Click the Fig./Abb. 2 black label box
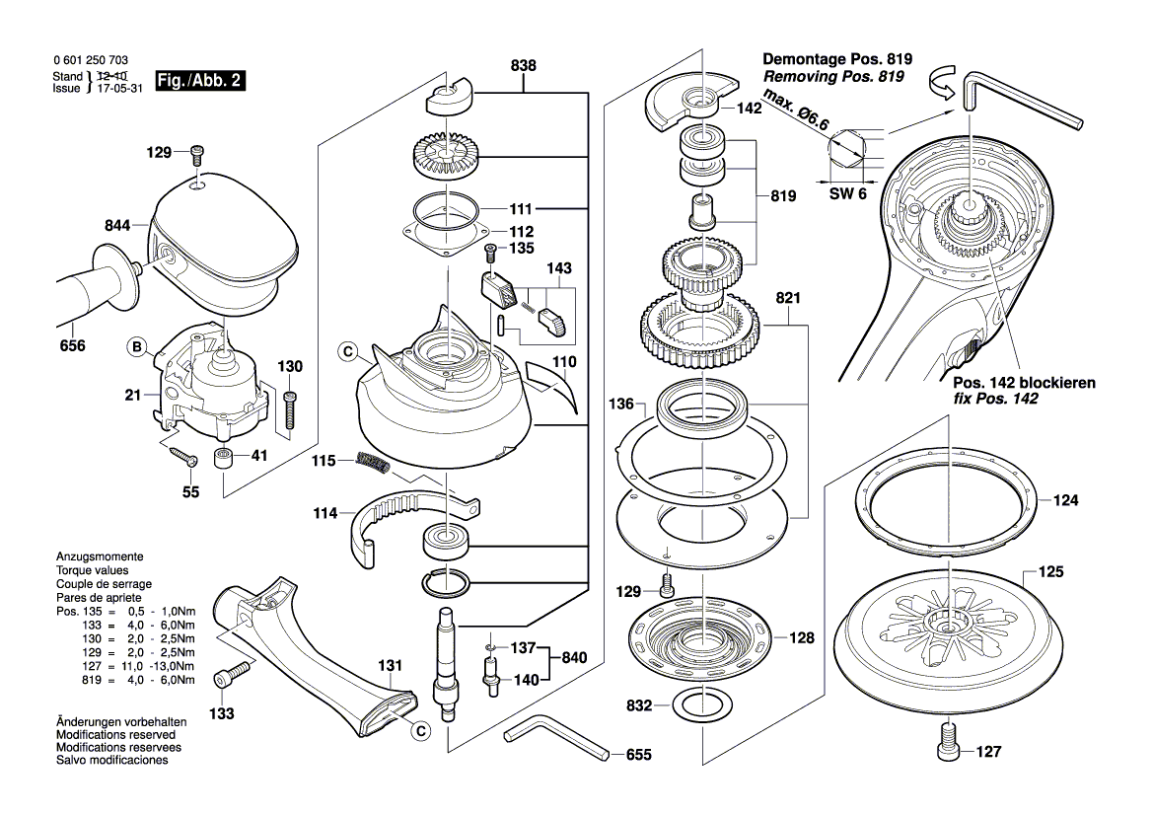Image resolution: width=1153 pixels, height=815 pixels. [x=199, y=81]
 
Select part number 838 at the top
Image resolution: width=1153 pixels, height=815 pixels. [x=524, y=66]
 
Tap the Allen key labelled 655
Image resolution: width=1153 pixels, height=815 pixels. [x=552, y=740]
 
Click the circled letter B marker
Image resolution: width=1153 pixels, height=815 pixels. [x=137, y=346]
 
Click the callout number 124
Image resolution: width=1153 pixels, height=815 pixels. [x=1065, y=501]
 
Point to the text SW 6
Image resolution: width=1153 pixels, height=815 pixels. [x=846, y=193]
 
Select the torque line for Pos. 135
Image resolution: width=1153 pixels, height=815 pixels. [x=125, y=612]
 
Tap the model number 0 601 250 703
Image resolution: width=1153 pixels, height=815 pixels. [x=91, y=61]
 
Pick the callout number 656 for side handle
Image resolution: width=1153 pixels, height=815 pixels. [x=72, y=346]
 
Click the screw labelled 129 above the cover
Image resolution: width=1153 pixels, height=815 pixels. [x=198, y=153]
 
